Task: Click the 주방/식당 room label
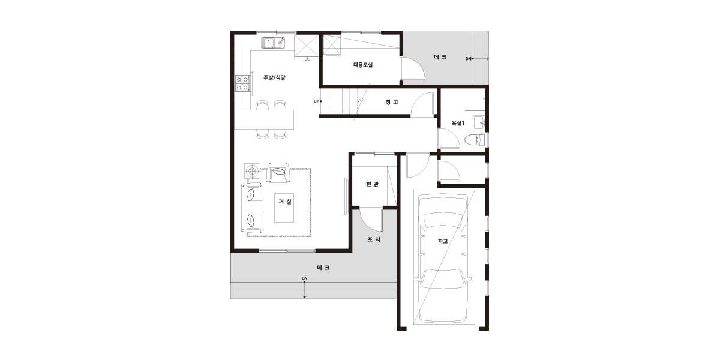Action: pos(274,77)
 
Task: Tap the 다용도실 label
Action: pos(363,65)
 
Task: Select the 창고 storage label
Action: pos(392,102)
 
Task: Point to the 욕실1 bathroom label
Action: pos(458,123)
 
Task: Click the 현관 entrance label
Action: pos(372,184)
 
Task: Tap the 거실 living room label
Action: pos(285,202)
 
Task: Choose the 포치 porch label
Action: pos(374,239)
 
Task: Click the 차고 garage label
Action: pos(443,241)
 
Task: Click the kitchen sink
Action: pos(273,43)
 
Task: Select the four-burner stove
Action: pos(242,83)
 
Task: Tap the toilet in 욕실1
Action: pos(475,139)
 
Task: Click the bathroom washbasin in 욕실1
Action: pos(479,122)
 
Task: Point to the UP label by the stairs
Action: pos(316,101)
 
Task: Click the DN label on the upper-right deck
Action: pos(469,59)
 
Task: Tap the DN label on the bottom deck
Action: pos(304,278)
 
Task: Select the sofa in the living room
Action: pos(252,208)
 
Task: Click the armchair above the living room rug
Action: pos(278,173)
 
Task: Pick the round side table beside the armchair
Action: pos(253,171)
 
